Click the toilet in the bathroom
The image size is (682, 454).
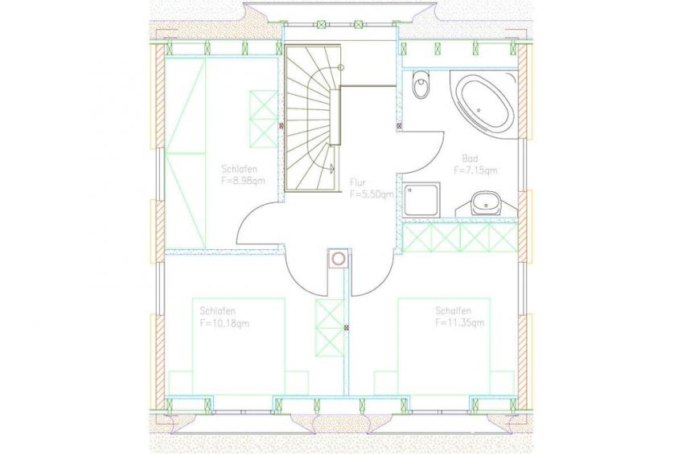point(421,84)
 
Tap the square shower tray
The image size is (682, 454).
point(421,199)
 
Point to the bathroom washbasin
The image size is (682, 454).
point(486,203)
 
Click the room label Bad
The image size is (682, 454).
point(470,158)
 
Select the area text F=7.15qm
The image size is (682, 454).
point(475,170)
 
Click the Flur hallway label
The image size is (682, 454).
point(358,182)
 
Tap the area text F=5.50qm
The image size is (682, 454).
point(372,194)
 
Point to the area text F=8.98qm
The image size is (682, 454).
point(243,181)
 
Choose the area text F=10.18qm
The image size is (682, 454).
point(224,323)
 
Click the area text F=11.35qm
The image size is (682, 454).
point(460,323)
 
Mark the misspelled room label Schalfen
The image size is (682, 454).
point(454,311)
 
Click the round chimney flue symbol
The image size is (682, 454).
point(338,259)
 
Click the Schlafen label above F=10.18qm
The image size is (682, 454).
point(217,311)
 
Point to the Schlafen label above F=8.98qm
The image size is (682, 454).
point(239,169)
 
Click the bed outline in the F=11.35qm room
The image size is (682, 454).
point(444,346)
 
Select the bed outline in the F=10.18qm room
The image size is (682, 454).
point(238,346)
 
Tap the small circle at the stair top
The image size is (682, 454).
point(341,67)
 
